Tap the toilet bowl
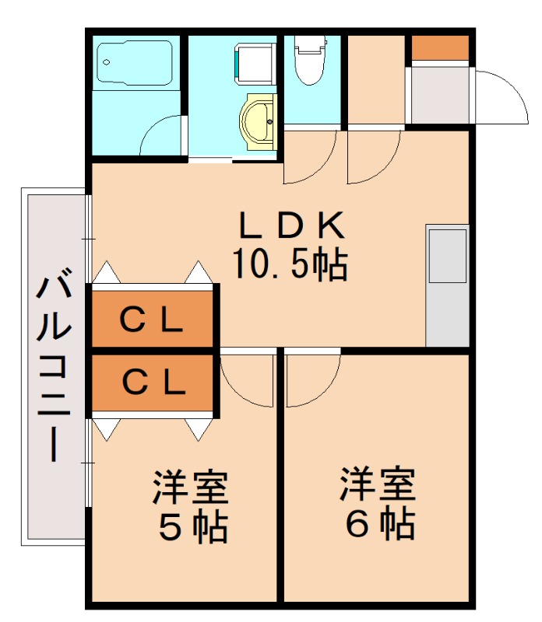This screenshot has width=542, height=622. point(311,61)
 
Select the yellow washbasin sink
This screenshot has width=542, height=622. point(260,121)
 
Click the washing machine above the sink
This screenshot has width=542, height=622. point(255,62)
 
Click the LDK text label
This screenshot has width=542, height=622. point(290,226)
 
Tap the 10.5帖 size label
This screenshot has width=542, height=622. point(290,266)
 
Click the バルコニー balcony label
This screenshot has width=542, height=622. point(54,365)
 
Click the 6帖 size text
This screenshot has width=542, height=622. point(379,526)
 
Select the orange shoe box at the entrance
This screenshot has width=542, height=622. point(440,48)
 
